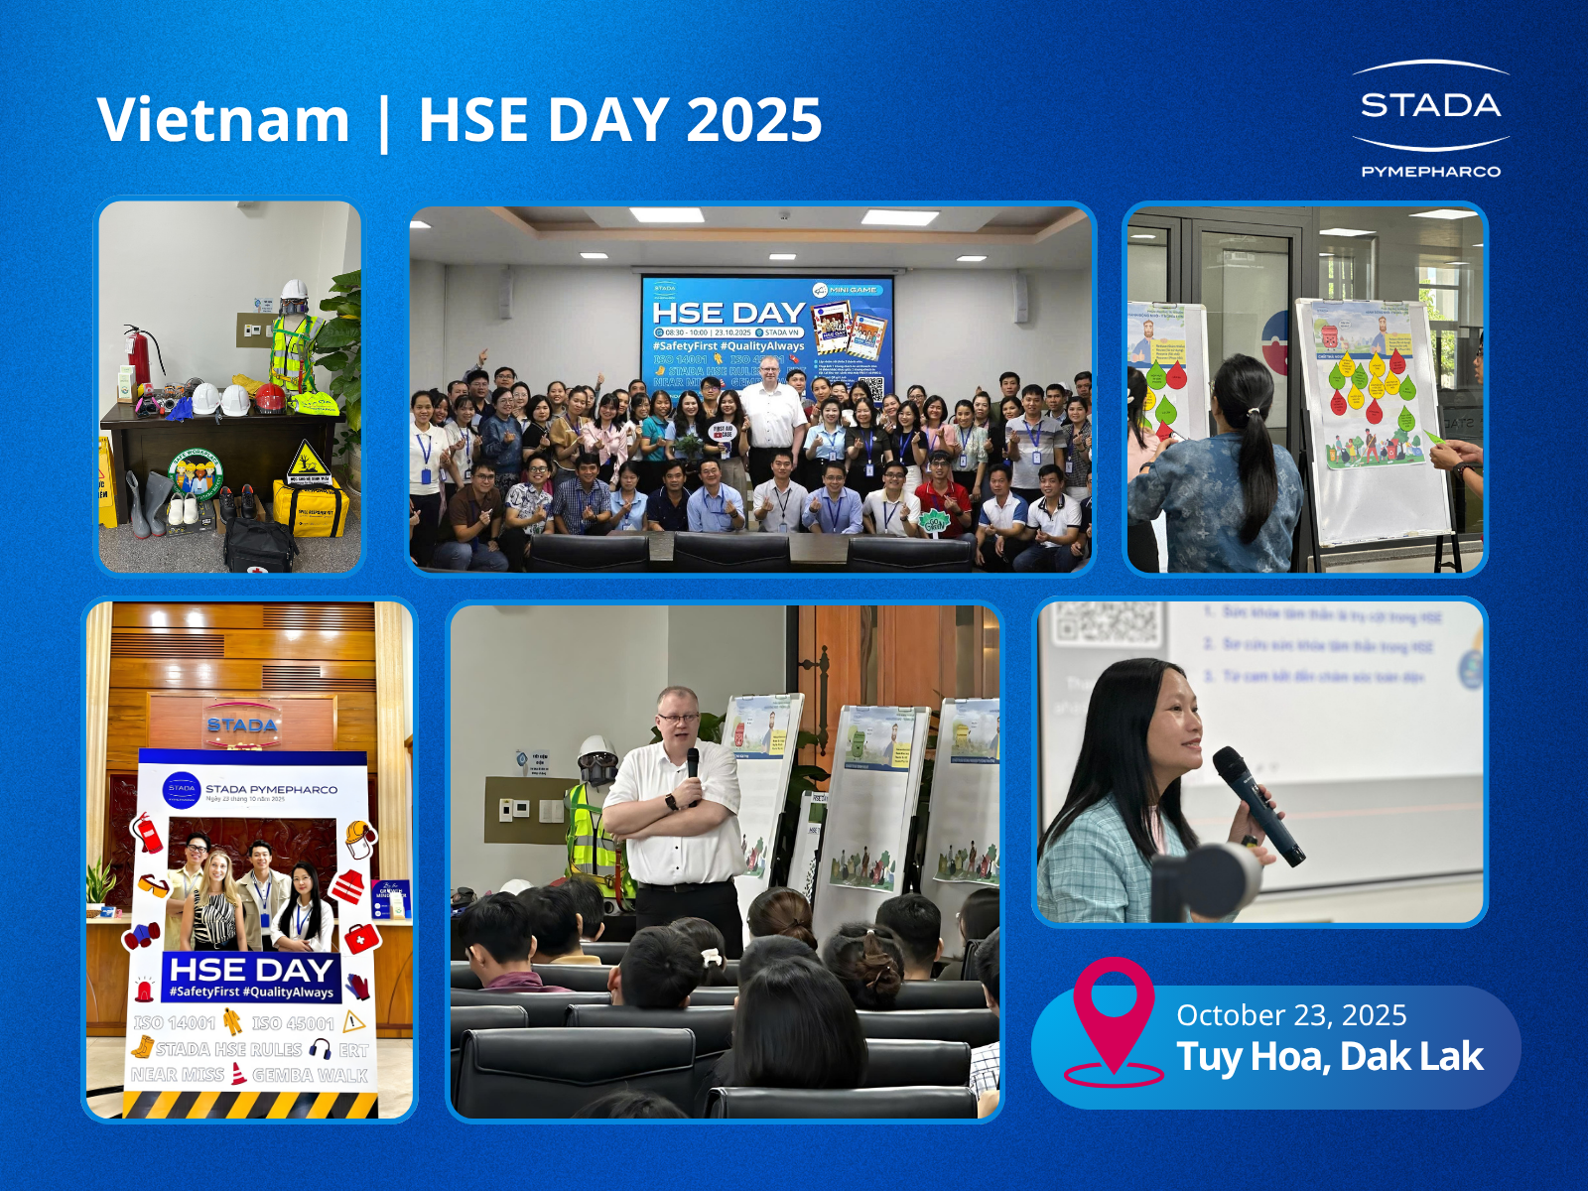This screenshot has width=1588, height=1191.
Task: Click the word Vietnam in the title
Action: tap(223, 119)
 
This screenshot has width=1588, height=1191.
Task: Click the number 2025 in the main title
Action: tap(753, 119)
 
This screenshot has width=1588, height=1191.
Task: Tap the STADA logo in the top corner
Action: tap(1430, 105)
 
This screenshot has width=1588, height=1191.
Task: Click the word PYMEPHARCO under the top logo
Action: tap(1430, 172)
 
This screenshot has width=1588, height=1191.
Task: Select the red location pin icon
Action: tap(1114, 1012)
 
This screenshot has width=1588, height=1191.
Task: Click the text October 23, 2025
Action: tap(1291, 1015)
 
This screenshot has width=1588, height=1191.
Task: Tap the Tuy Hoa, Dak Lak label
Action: tap(1329, 1057)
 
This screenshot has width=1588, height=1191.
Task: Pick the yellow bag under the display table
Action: tap(310, 506)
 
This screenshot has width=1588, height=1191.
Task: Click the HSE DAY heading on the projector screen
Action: tap(728, 313)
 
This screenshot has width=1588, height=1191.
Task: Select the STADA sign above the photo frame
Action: tap(242, 726)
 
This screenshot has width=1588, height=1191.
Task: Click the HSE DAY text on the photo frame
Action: tap(251, 970)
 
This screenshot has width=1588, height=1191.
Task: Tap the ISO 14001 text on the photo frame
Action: tap(175, 1022)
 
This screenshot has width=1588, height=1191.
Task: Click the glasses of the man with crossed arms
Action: tap(678, 717)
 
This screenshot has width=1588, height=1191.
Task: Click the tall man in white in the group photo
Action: tap(773, 417)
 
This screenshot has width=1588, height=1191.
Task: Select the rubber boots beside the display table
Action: tap(149, 503)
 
